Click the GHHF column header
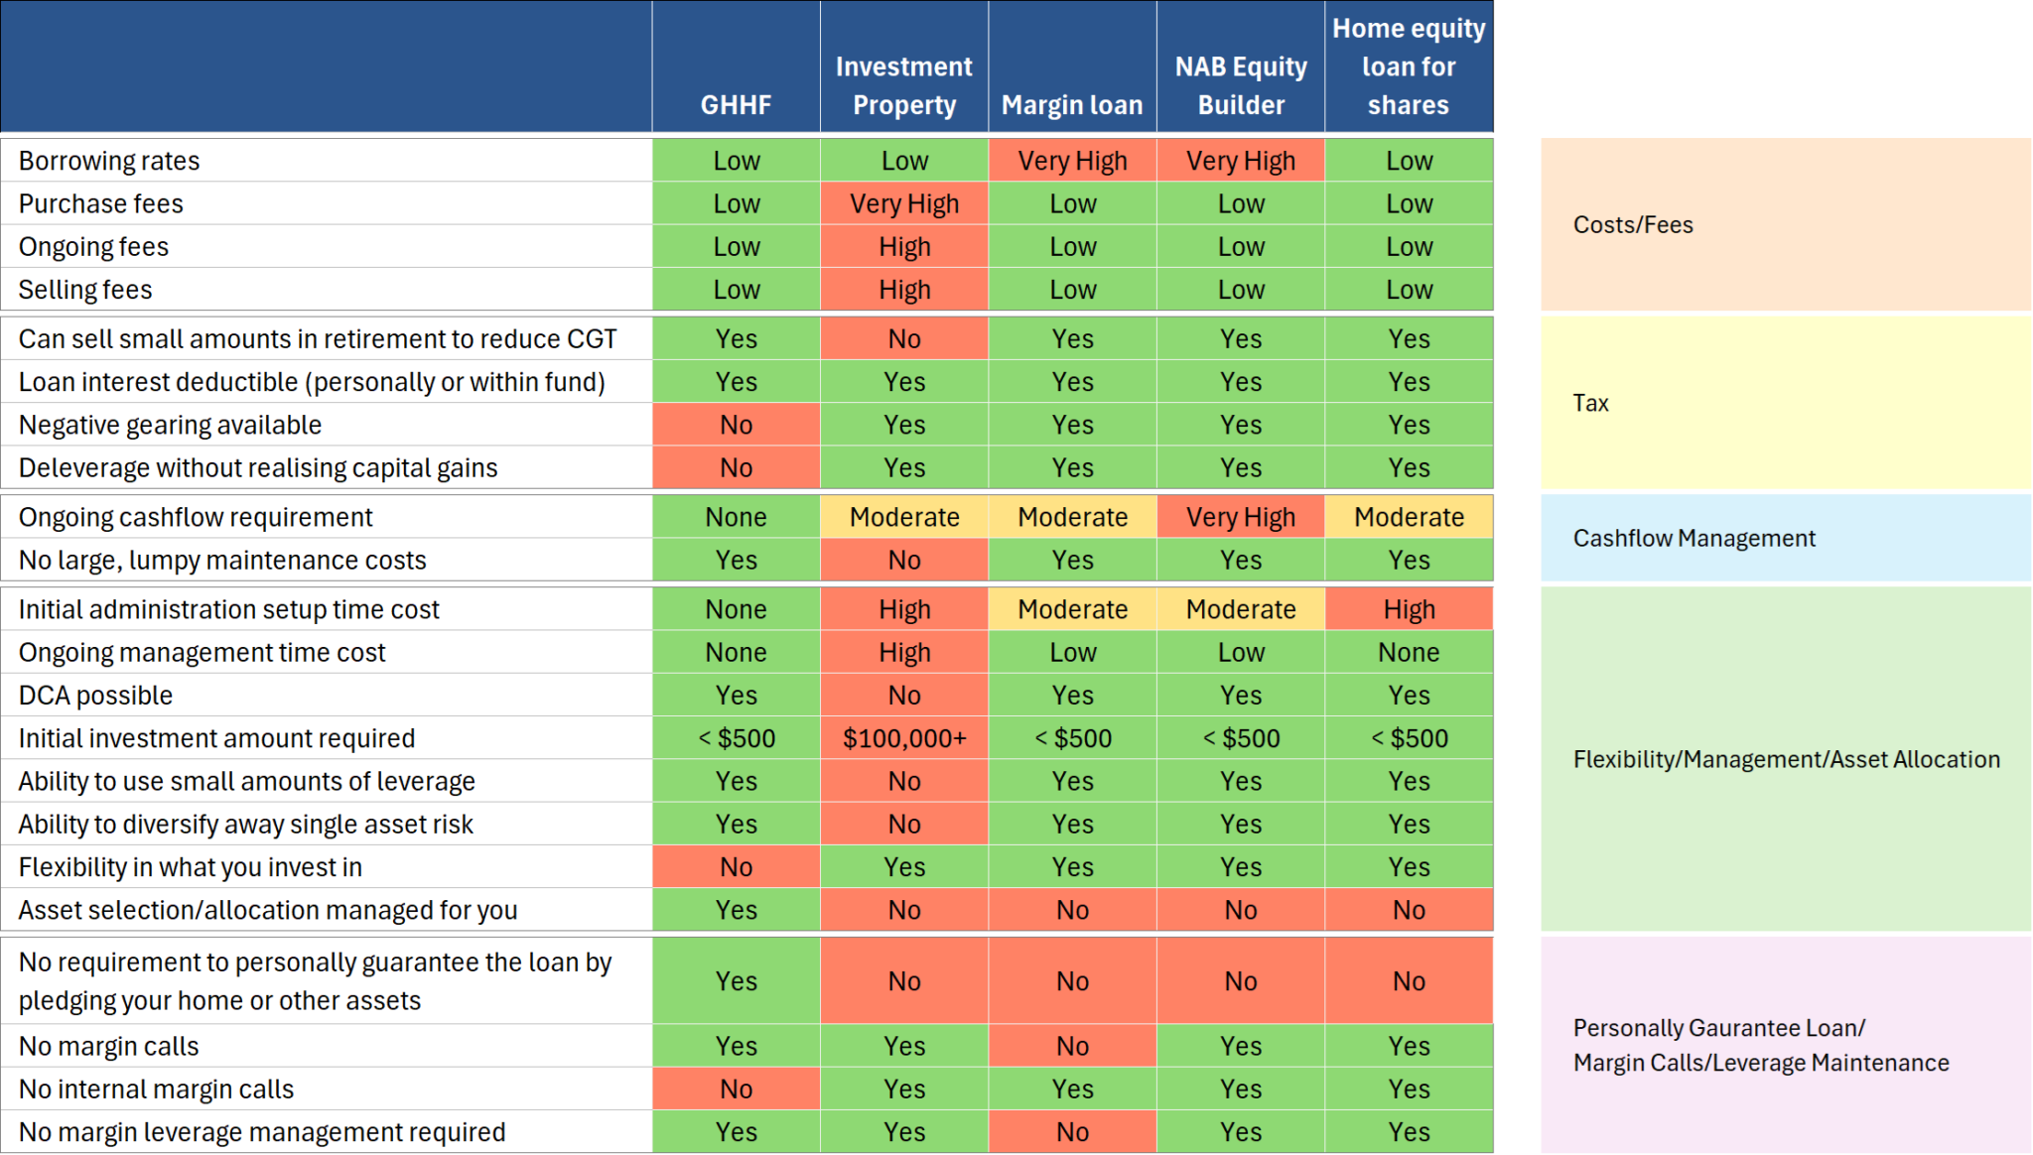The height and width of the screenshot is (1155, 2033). click(736, 104)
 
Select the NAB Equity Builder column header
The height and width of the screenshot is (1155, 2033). click(1241, 85)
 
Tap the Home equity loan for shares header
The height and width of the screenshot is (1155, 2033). click(1409, 66)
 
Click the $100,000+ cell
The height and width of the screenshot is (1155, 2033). click(904, 738)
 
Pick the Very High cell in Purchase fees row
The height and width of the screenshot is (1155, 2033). click(904, 203)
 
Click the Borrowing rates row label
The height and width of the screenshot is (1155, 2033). click(109, 161)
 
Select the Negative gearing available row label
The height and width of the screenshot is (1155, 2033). click(170, 425)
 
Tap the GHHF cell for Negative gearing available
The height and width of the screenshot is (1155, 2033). click(736, 425)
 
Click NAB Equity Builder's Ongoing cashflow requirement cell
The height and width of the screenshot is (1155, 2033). click(1241, 517)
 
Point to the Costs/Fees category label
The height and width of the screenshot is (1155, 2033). click(1633, 224)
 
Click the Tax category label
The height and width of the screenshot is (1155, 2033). click(1590, 403)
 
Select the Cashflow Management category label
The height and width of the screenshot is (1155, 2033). click(1694, 538)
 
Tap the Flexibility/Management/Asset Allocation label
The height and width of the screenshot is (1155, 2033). click(1786, 759)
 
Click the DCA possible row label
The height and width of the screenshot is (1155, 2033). click(95, 696)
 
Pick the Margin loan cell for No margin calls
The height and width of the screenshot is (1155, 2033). click(1072, 1046)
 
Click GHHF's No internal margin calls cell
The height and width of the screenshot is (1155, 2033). click(736, 1089)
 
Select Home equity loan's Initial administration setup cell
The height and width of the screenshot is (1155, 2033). click(1409, 609)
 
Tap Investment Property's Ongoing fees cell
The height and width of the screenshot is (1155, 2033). click(904, 246)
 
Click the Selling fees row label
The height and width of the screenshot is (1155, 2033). click(85, 290)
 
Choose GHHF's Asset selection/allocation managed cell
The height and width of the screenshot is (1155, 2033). click(736, 910)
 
